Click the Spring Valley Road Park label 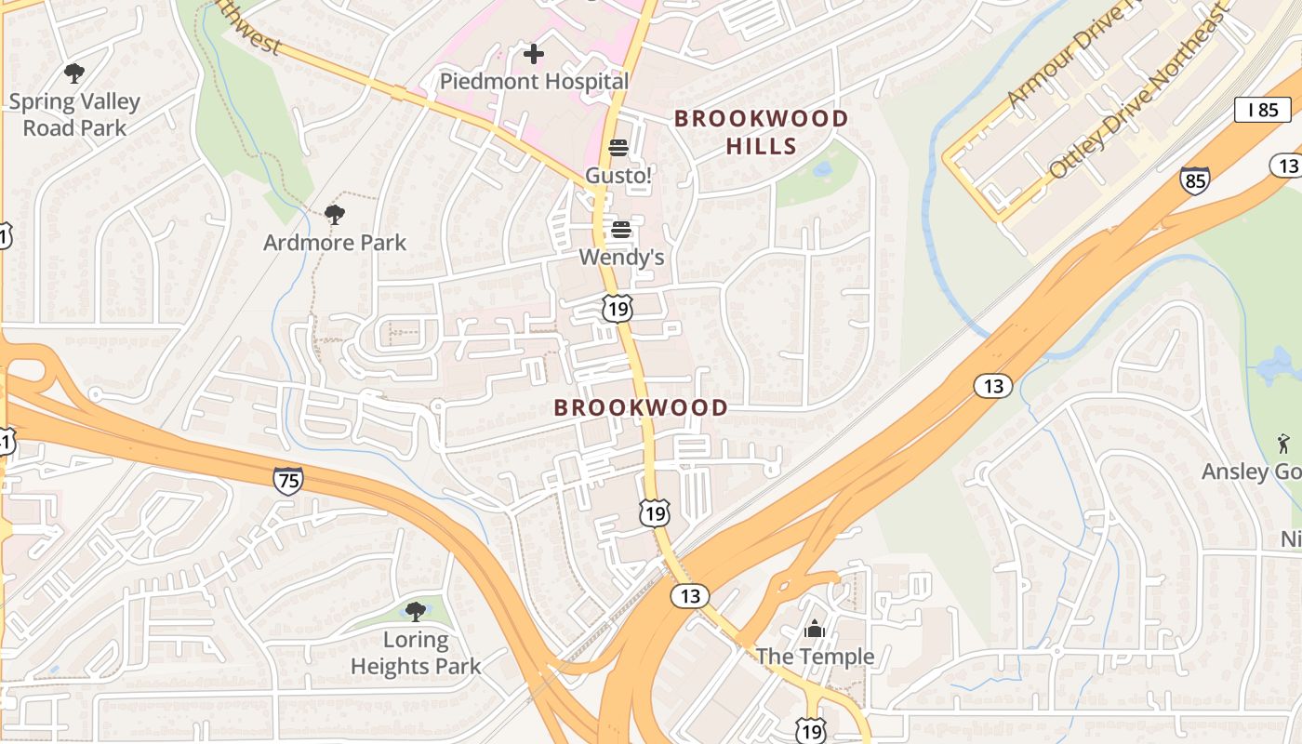point(74,114)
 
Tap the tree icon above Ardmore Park point(335,215)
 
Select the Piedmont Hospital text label point(534,81)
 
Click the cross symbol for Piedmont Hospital point(534,54)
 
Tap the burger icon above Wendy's point(621,230)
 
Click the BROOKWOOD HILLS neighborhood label point(761,132)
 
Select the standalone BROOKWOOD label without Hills point(641,407)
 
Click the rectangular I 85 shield point(1262,109)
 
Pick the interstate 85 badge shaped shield point(1195,180)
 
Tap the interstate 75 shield point(288,480)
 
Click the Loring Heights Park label point(416,653)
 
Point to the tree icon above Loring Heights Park point(416,611)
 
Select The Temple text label point(815,657)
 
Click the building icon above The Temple point(815,630)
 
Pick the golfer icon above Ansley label point(1284,444)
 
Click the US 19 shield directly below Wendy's point(617,309)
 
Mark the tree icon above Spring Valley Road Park point(74,73)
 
